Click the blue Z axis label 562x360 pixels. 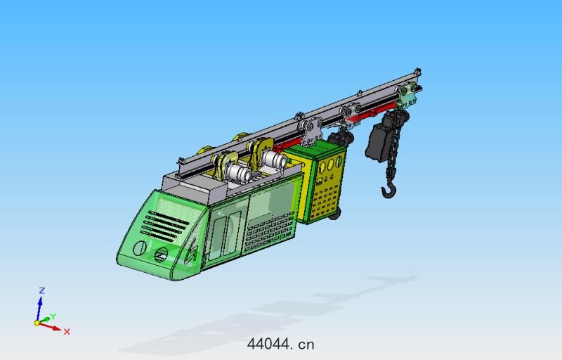pos(41,291)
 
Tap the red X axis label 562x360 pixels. pos(67,332)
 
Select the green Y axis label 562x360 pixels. pos(53,316)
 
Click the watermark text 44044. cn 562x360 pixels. pos(280,345)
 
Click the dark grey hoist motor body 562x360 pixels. pos(377,143)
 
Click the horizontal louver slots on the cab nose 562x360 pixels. pos(166,226)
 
